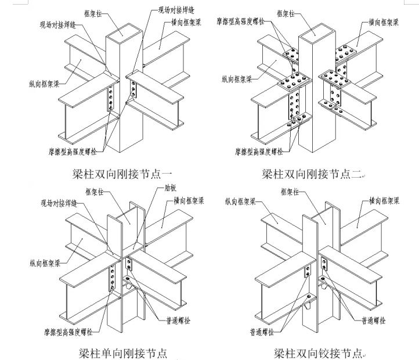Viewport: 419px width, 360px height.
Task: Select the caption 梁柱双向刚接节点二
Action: [x=312, y=172]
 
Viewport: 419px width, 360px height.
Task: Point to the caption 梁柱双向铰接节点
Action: [x=318, y=352]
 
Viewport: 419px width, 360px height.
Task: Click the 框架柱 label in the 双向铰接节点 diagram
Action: [x=287, y=190]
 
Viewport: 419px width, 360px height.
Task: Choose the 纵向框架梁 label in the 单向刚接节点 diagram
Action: [x=45, y=262]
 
